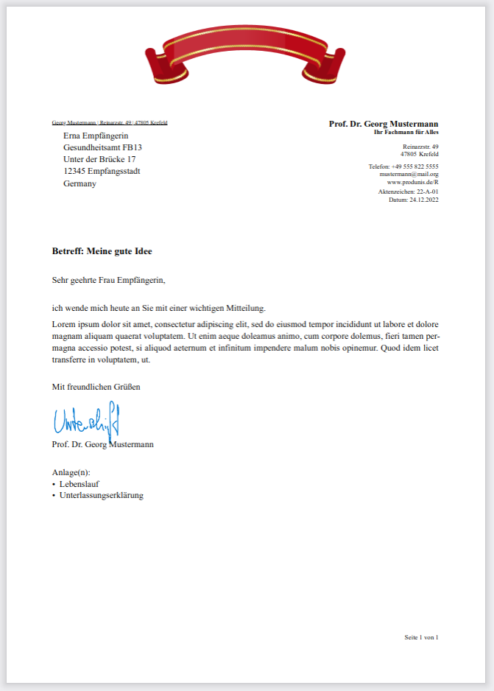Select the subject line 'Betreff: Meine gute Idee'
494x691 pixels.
pos(102,251)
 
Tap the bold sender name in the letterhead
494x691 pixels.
pos(384,124)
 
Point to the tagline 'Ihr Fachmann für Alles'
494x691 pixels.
pos(406,132)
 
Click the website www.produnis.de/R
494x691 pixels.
pos(413,181)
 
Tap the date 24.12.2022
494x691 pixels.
pos(424,199)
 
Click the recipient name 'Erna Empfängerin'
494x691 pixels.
pos(96,136)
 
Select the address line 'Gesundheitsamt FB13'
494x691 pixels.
pos(102,147)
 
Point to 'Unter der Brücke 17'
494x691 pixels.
pos(99,159)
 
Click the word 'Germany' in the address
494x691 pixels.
pos(80,183)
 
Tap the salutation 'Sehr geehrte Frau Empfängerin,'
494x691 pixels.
pos(109,280)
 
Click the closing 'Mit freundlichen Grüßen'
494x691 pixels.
pos(96,386)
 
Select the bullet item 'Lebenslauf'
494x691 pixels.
pos(80,484)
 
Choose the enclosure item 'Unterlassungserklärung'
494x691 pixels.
pos(102,495)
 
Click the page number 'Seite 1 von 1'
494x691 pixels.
pos(421,636)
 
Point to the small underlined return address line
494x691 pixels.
pos(110,122)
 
